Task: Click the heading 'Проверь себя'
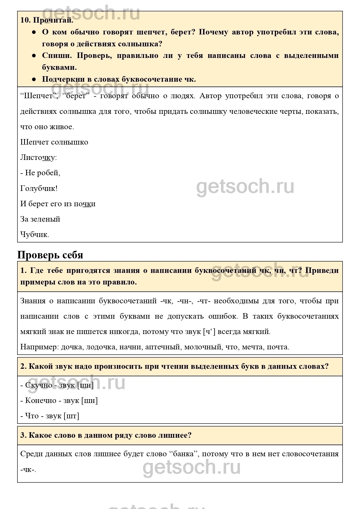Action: pos(50,255)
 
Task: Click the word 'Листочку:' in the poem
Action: pos(39,158)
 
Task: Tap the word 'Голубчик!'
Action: pos(39,188)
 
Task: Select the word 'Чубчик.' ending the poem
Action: pos(35,234)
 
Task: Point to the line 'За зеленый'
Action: pos(40,219)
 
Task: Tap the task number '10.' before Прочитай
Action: pos(26,20)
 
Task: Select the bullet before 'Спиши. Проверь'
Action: pos(34,56)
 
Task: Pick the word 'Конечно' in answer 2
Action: pos(41,401)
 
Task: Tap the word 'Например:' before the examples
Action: pos(39,347)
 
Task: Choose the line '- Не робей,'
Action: pos(40,173)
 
